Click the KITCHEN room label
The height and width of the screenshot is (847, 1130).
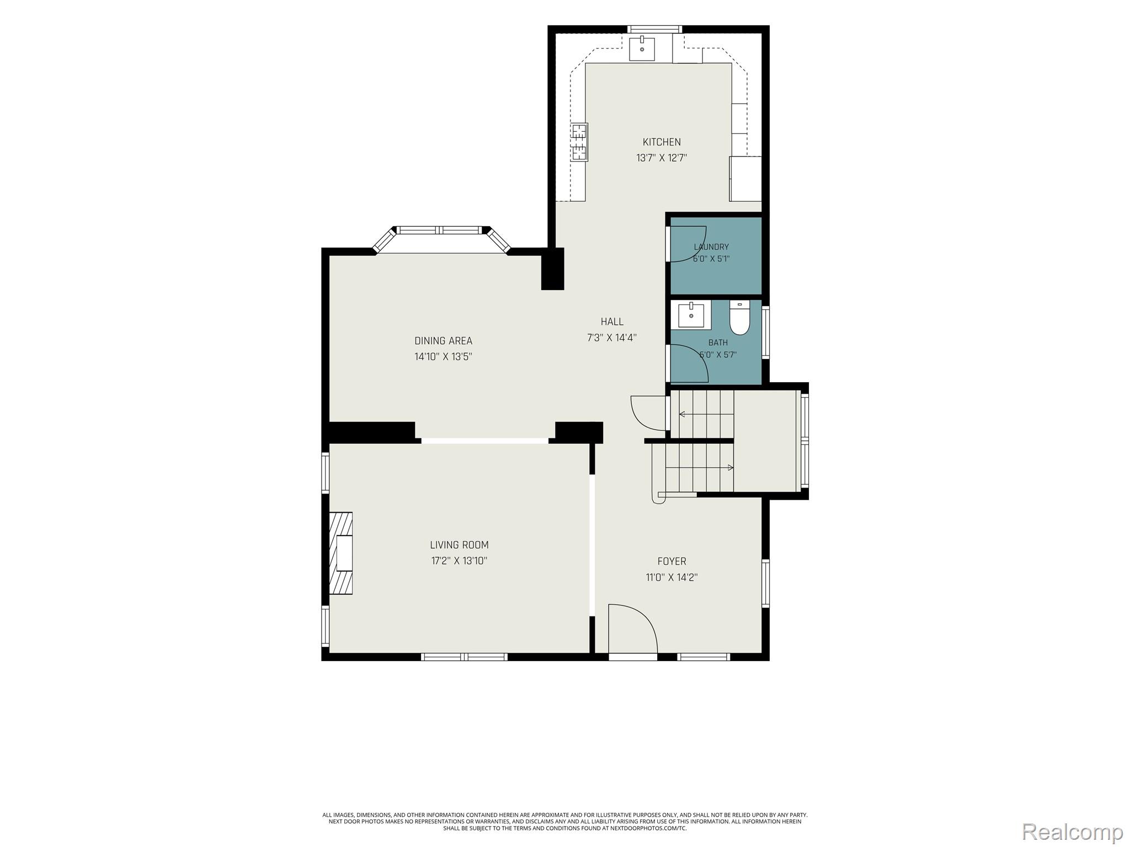coord(662,142)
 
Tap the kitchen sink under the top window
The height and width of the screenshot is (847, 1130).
coord(642,49)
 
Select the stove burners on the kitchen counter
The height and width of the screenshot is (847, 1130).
coord(579,142)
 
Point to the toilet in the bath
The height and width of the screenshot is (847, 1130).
coord(739,318)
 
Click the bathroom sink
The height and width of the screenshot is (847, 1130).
coord(691,315)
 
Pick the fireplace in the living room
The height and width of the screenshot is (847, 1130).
coord(341,553)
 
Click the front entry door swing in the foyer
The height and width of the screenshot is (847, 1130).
coord(633,629)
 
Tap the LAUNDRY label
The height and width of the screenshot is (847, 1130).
coord(711,247)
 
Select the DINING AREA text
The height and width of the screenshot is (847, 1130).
coord(443,341)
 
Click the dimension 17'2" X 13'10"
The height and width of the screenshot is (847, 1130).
coord(459,561)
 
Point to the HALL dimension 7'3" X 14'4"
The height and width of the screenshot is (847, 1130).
coord(612,337)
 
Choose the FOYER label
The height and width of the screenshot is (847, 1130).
coord(671,561)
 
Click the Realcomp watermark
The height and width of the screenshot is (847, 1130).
coord(1073,831)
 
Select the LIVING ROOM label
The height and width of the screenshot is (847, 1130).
coord(459,545)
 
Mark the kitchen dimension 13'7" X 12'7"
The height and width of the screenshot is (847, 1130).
coord(662,158)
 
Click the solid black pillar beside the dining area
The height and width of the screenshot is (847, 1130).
coord(552,269)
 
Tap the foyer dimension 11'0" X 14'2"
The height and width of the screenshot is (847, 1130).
coord(671,577)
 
